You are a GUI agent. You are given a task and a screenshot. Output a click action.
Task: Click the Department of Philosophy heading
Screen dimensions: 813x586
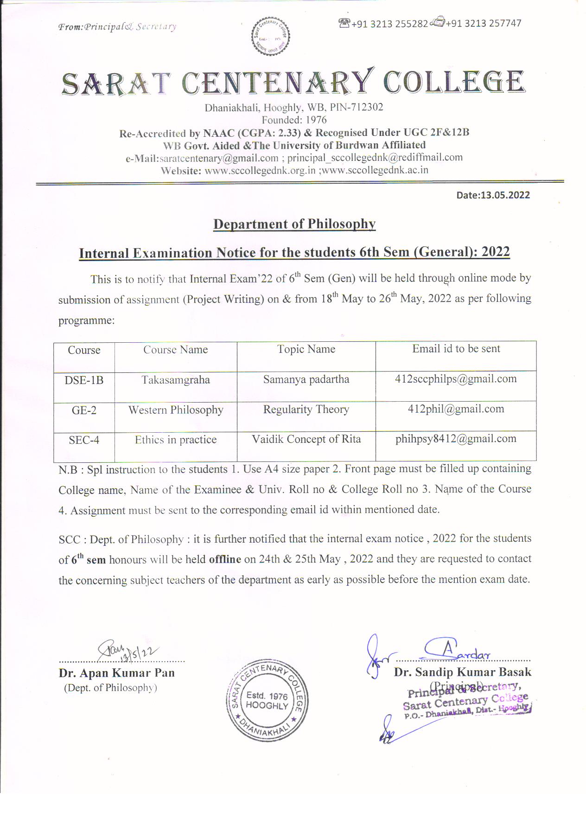294,224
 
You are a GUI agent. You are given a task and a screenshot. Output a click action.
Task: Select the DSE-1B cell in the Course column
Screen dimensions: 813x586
84,380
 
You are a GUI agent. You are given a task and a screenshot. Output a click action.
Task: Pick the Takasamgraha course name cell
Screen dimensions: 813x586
176,380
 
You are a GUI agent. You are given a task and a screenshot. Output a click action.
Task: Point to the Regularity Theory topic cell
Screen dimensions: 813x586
306,410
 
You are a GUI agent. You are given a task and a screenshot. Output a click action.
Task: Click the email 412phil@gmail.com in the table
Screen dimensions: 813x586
456,409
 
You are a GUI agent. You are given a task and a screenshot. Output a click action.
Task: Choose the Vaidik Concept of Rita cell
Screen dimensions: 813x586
306,439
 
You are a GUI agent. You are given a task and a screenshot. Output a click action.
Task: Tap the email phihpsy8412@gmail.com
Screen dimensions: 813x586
456,439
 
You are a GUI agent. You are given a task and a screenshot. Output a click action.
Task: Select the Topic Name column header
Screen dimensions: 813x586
306,349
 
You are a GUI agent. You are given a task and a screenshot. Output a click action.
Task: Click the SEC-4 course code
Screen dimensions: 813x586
84,440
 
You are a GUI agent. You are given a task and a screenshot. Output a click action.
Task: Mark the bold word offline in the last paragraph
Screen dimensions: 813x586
225,559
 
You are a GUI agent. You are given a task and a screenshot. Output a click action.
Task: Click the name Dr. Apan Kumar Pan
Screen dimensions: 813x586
117,673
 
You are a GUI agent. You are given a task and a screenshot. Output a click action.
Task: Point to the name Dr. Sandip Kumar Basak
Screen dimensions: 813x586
463,672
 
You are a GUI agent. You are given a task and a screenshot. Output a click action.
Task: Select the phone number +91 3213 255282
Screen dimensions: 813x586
389,24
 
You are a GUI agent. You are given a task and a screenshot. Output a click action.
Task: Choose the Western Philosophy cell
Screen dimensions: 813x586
176,410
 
